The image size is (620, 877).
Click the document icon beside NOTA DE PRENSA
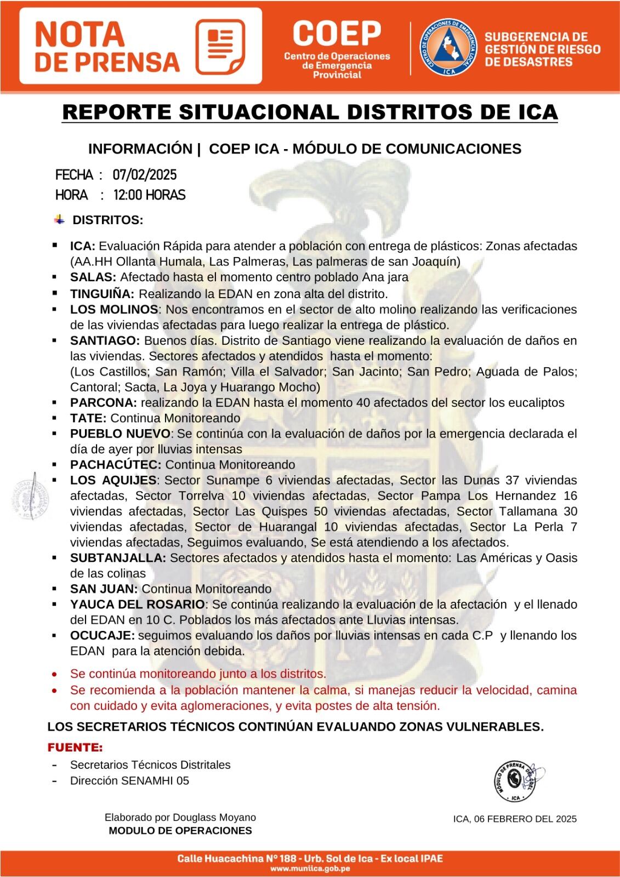click(220, 47)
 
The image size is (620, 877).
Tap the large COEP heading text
click(337, 34)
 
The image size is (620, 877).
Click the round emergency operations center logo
click(448, 48)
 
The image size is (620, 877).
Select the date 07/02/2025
click(145, 175)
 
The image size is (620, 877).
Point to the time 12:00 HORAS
click(149, 195)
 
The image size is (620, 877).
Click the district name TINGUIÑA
click(102, 293)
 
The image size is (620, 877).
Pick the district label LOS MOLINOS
click(114, 309)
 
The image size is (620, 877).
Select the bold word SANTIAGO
click(105, 340)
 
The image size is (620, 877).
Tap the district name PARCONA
click(103, 402)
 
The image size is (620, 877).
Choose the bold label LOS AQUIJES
click(113, 480)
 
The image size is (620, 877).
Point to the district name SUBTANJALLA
click(118, 558)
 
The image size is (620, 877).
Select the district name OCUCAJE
click(102, 636)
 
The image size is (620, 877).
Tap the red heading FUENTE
click(75, 748)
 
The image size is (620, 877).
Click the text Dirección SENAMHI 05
click(129, 781)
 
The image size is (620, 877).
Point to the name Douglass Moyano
click(214, 817)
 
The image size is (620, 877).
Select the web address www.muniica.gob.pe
click(310, 868)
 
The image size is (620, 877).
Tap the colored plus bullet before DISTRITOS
click(59, 220)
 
